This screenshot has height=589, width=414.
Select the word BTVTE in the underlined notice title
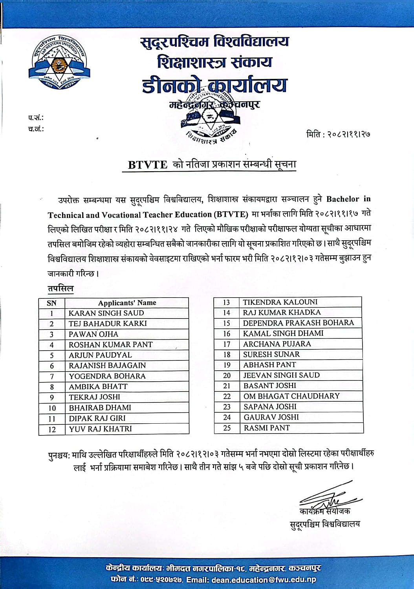tap(148, 165)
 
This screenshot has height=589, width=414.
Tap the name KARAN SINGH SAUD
tap(106, 313)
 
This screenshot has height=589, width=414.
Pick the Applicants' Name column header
tap(127, 303)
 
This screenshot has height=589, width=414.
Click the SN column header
tap(51, 303)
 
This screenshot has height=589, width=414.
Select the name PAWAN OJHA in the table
tap(93, 334)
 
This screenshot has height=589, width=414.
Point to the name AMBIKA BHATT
tap(98, 387)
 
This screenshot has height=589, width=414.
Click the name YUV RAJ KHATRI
tap(100, 429)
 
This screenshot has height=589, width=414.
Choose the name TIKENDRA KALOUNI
tap(280, 302)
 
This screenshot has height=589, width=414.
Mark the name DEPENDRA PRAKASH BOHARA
tap(298, 323)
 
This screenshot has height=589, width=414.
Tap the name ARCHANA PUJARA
tap(277, 344)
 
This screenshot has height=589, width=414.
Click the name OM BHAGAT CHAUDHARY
tap(291, 396)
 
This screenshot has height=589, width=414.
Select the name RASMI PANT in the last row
tap(267, 428)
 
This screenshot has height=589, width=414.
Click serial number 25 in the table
tap(227, 428)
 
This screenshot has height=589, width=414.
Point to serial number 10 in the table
tap(52, 408)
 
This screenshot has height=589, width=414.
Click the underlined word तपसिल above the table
tap(60, 289)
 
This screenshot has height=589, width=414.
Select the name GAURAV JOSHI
tap(271, 417)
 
